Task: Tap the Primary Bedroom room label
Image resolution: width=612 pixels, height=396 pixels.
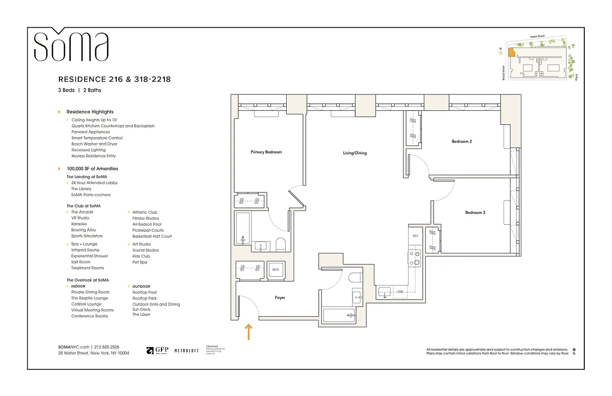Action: [x=266, y=152]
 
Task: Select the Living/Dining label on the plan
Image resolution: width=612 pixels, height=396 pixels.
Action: [x=355, y=153]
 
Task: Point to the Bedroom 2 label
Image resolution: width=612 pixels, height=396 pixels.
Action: [x=461, y=142]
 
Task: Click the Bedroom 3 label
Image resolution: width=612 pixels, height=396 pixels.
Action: [x=475, y=212]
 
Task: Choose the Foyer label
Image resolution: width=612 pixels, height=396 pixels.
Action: [x=280, y=297]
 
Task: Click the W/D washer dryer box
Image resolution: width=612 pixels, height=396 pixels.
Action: [x=275, y=270]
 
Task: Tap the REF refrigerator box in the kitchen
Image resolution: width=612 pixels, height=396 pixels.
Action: [x=415, y=236]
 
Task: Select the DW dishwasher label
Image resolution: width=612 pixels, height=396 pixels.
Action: [x=400, y=292]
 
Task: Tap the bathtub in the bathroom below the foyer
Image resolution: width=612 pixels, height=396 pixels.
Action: [x=339, y=315]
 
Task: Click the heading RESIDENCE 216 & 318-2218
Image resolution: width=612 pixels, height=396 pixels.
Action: [x=114, y=79]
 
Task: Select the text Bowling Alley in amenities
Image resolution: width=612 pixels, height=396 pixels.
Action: [x=84, y=230]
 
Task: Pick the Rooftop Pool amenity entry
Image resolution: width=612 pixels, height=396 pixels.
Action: [x=145, y=293]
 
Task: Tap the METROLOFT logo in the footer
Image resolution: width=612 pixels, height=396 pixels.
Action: [x=186, y=351]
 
